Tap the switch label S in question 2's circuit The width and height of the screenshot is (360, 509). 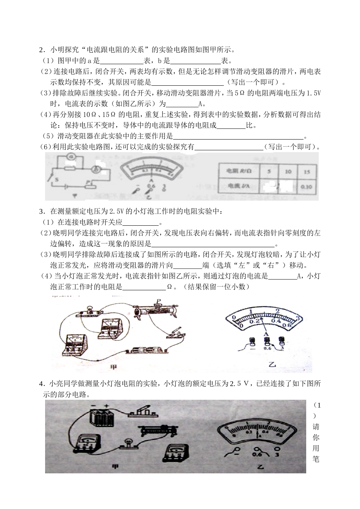click(x=57, y=179)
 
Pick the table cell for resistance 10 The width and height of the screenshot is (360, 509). click(x=288, y=172)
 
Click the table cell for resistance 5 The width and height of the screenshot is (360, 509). click(x=269, y=172)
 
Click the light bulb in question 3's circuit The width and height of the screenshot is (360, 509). click(x=91, y=309)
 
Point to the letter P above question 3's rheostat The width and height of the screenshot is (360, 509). click(x=158, y=301)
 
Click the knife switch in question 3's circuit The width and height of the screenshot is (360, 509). click(x=175, y=332)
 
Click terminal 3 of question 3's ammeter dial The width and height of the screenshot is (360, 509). click(x=281, y=340)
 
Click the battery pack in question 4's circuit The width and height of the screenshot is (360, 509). click(x=102, y=418)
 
